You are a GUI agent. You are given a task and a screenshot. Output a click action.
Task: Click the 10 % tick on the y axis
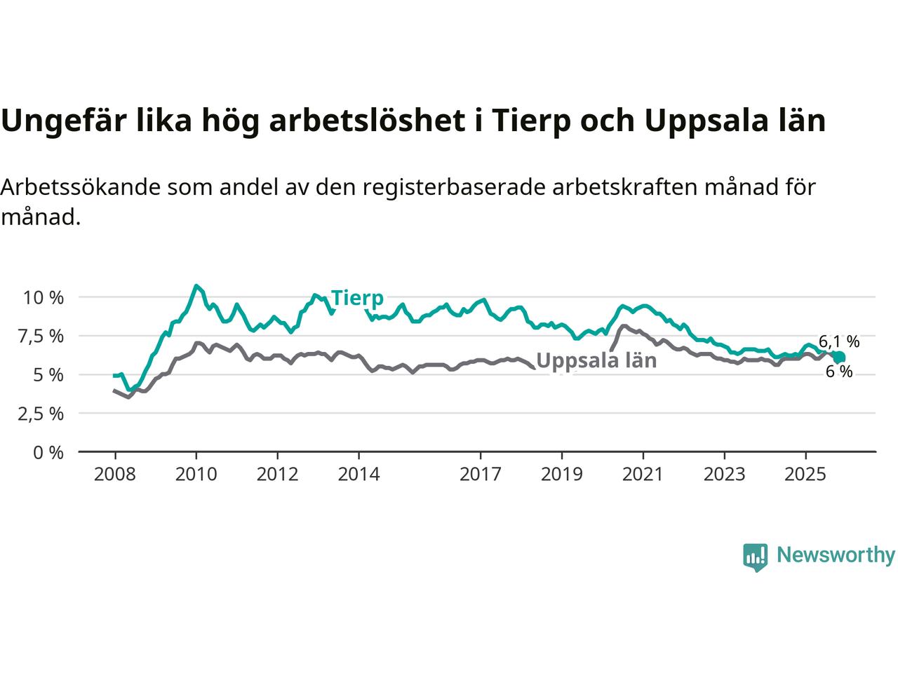tap(43, 297)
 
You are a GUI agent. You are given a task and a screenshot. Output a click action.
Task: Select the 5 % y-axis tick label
tap(50, 374)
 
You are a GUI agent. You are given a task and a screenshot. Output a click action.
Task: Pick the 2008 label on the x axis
tap(115, 475)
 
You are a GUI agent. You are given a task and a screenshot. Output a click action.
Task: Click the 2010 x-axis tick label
tap(196, 475)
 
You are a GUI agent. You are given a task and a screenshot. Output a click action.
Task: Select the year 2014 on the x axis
tap(358, 475)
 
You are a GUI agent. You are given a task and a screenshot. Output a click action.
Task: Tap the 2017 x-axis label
tap(481, 475)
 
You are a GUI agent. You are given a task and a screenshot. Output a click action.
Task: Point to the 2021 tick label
tap(643, 475)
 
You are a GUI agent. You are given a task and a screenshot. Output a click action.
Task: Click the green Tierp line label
tap(357, 298)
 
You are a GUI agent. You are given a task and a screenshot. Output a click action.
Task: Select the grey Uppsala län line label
tap(596, 360)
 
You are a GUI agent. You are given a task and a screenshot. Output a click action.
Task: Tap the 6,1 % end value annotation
tap(839, 341)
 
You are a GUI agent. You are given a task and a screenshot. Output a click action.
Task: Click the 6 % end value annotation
tap(839, 372)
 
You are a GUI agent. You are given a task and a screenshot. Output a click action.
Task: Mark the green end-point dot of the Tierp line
tap(839, 358)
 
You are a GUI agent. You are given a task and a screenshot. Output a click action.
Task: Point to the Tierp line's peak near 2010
tap(196, 286)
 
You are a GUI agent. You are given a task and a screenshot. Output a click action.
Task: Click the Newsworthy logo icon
tap(755, 557)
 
